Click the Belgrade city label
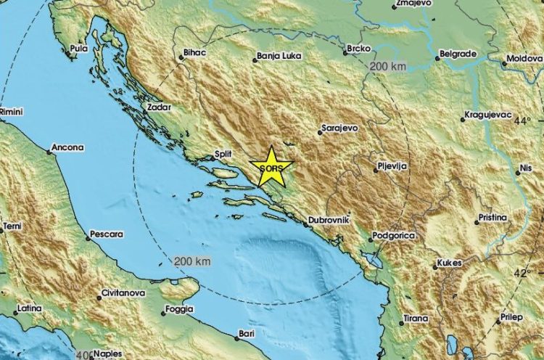point(458,54)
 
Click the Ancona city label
point(67,148)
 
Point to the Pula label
point(78,50)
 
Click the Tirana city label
point(416,318)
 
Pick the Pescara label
point(106,235)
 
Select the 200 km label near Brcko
point(387,66)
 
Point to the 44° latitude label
point(523,120)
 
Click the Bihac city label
point(197,55)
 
